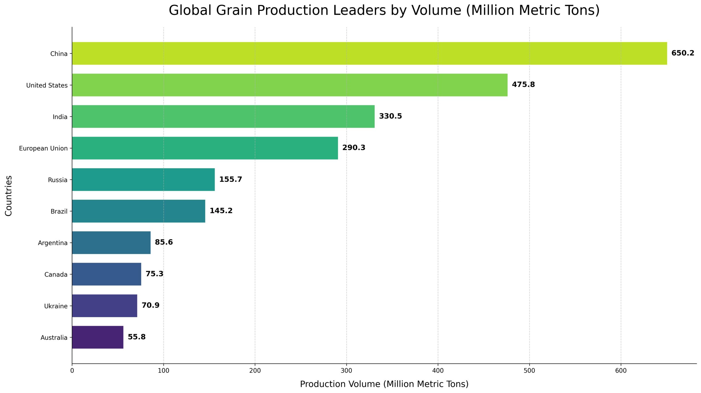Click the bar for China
[369, 53]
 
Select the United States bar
[290, 85]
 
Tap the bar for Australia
[97, 337]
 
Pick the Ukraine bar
[104, 306]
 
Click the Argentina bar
[111, 242]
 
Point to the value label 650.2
[682, 53]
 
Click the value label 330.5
[390, 116]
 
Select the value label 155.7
[231, 179]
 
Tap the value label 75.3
[154, 274]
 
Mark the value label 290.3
[354, 148]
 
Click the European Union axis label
[43, 148]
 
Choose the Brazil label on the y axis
[59, 211]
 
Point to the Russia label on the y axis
[58, 180]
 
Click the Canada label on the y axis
[56, 274]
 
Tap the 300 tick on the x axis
[346, 371]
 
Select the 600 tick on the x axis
[620, 371]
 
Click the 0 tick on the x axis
[72, 371]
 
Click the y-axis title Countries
[8, 196]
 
